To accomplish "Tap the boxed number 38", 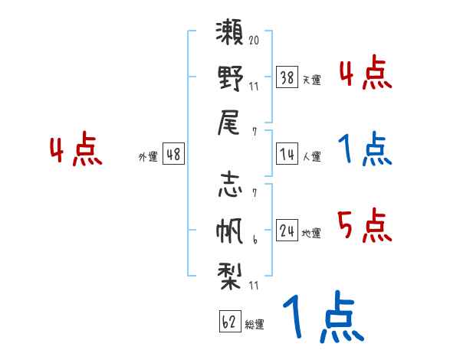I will pyautogui.click(x=287, y=77).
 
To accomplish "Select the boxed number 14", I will pyautogui.click(x=287, y=153).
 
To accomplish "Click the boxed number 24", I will pyautogui.click(x=287, y=230).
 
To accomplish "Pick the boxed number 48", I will pyautogui.click(x=173, y=153).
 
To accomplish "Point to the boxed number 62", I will pyautogui.click(x=229, y=321).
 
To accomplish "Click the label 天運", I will pyautogui.click(x=311, y=80).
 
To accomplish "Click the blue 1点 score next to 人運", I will pyautogui.click(x=364, y=149).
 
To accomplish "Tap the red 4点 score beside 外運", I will pyautogui.click(x=76, y=150).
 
